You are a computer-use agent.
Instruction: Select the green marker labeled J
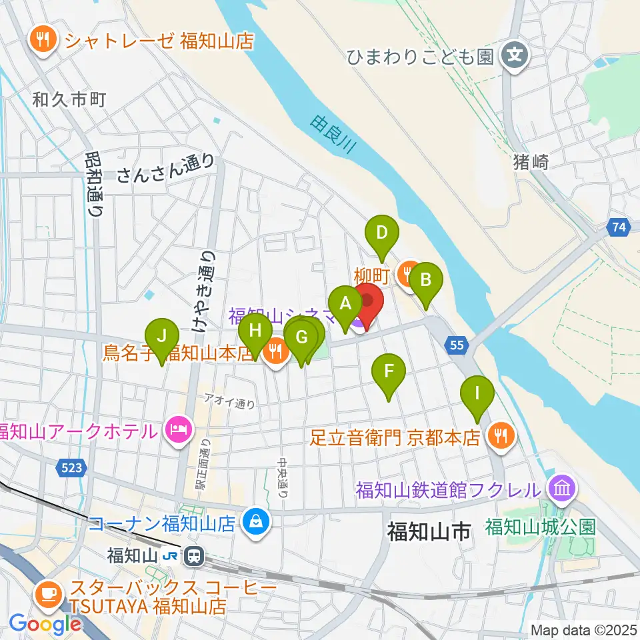click(162, 337)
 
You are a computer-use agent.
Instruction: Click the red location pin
click(367, 301)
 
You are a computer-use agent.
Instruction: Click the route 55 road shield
click(456, 345)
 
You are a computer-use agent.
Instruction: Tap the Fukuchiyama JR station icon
click(195, 554)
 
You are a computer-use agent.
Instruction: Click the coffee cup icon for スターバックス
click(47, 591)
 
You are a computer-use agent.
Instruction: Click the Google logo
click(45, 624)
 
